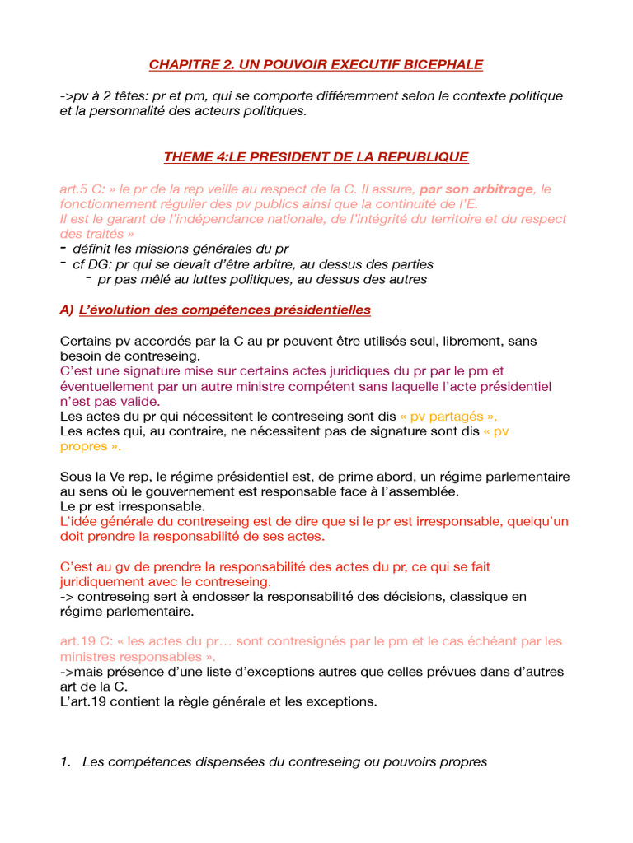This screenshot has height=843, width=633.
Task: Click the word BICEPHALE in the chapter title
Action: coord(442,64)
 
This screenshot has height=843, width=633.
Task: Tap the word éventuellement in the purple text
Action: coord(108,386)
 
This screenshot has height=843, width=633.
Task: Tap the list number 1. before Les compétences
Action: coord(65,762)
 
